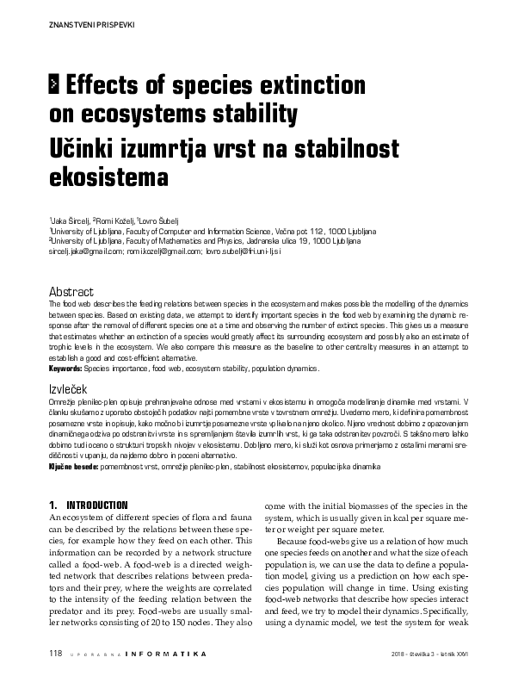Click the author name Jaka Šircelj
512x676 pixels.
(x=71, y=221)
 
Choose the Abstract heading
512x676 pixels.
(x=71, y=293)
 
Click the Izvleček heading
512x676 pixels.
(x=69, y=390)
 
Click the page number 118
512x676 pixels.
(x=57, y=654)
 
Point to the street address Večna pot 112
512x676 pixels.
(x=306, y=232)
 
